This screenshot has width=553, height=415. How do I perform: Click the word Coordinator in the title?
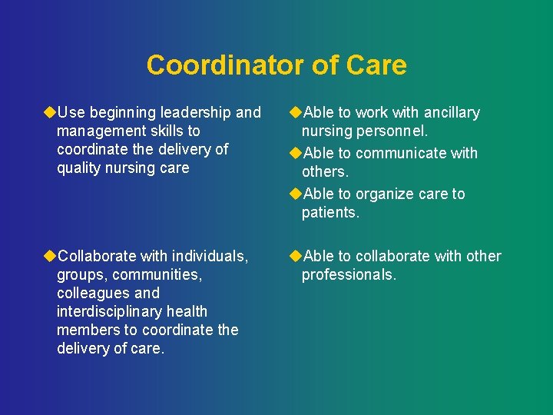point(217,65)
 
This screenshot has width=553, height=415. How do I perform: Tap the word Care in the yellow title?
point(376,65)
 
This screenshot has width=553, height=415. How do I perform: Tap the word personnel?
point(393,131)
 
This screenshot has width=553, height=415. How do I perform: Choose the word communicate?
point(402,153)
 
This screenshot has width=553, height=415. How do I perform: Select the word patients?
point(330,213)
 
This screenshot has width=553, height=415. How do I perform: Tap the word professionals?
point(349,274)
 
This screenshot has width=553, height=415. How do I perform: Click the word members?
point(87,330)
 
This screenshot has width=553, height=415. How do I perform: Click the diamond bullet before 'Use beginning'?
point(50,113)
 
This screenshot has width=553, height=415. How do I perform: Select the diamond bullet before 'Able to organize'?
point(295,194)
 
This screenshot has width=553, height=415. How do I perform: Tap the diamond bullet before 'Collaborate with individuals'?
point(50,256)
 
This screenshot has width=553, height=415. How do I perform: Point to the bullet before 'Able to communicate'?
point(295,153)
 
